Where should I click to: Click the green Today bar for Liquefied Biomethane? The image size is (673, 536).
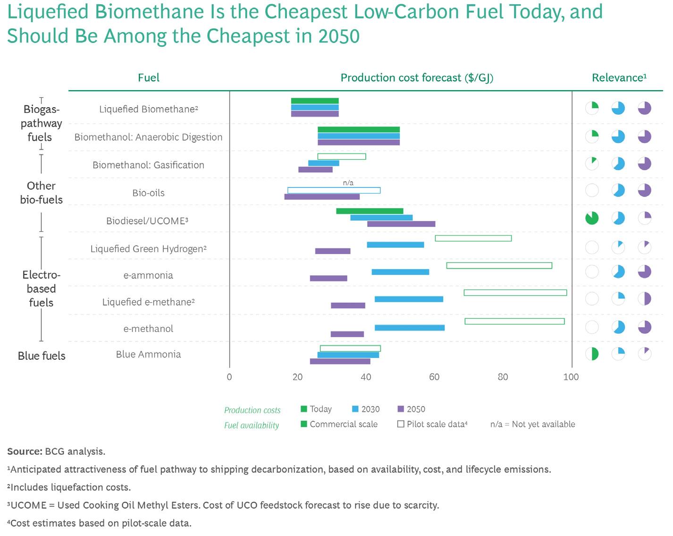[315, 101]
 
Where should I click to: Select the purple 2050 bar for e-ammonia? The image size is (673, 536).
[328, 278]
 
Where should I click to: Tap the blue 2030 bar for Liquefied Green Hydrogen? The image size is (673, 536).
[395, 245]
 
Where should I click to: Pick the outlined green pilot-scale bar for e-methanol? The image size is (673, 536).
[514, 321]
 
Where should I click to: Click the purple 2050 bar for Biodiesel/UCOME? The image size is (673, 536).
[401, 224]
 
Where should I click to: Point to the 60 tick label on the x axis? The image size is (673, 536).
[434, 377]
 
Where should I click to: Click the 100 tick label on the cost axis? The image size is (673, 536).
[571, 377]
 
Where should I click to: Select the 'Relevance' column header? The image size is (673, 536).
[619, 78]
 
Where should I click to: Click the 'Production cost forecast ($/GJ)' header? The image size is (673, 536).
[417, 78]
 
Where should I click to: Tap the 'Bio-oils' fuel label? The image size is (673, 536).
[149, 193]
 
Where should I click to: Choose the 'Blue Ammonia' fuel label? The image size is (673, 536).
[149, 354]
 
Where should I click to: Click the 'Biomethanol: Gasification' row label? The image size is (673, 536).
[149, 165]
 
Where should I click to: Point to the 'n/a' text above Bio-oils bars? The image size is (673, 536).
[348, 183]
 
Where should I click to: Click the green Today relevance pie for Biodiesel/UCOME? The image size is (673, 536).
[592, 218]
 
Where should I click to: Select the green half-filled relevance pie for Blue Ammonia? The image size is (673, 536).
[592, 353]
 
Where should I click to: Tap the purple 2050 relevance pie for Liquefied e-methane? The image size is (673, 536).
[645, 298]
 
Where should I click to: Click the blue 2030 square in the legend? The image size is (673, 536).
[355, 409]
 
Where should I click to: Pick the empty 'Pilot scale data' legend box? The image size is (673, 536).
[401, 424]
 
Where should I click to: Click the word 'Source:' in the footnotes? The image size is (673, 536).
[25, 451]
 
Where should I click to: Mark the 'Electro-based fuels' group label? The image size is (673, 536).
[41, 289]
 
